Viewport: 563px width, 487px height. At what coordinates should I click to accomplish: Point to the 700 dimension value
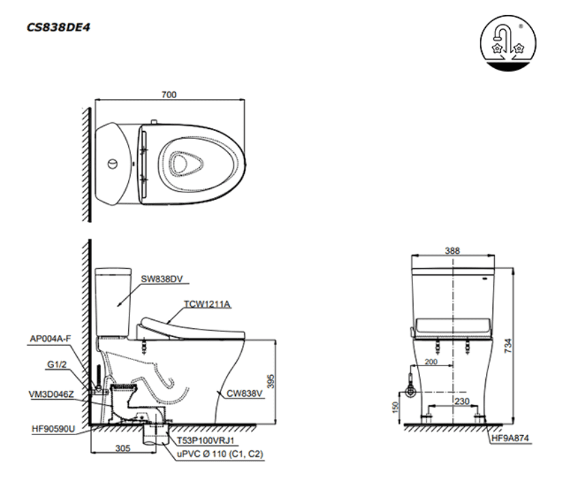[169, 95]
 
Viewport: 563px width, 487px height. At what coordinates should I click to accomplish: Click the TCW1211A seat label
[205, 305]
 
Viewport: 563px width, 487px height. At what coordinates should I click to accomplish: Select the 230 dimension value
[462, 402]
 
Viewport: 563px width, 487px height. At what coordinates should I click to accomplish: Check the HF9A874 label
[513, 438]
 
